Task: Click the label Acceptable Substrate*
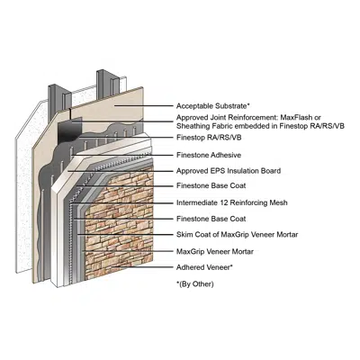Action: click(x=213, y=105)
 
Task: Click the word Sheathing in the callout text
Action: click(x=195, y=127)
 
